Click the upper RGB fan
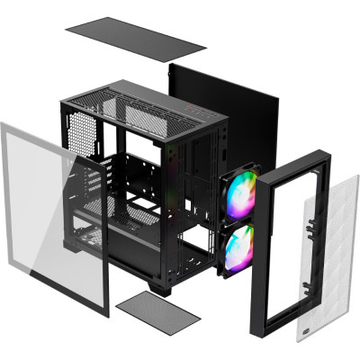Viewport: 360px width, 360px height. tap(239, 198)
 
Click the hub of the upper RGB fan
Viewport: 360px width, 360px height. tap(240, 197)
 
